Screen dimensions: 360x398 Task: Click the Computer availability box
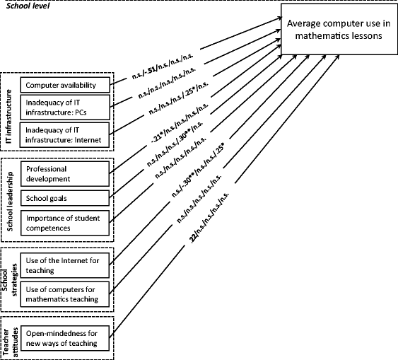pyautogui.click(x=66, y=86)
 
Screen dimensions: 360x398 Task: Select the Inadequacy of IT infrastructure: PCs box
pyautogui.click(x=66, y=109)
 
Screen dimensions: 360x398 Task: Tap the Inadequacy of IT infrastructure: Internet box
pyautogui.click(x=66, y=134)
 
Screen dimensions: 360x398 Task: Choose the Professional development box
pyautogui.click(x=66, y=174)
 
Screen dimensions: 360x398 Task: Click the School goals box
pyautogui.click(x=66, y=199)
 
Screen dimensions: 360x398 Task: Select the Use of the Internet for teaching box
pyautogui.click(x=66, y=268)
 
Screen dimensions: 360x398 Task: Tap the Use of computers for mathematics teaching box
pyautogui.click(x=66, y=294)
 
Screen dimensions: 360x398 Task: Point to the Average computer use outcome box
pyautogui.click(x=339, y=30)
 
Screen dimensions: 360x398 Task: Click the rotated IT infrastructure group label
pyautogui.click(x=8, y=111)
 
